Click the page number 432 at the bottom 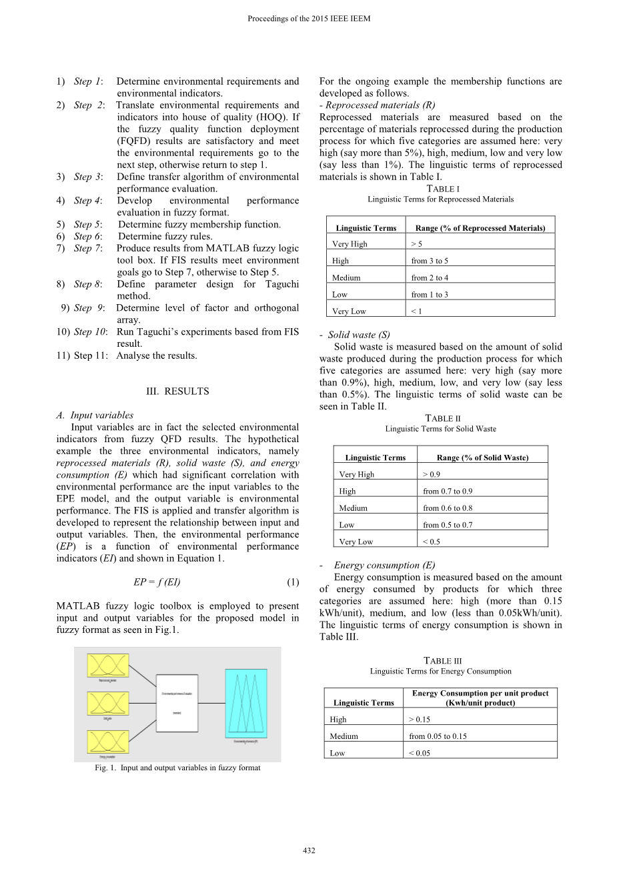[309, 850]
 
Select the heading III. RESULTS [177, 391]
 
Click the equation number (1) [293, 582]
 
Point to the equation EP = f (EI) [157, 582]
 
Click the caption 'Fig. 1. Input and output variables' [177, 768]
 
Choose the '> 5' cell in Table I [416, 244]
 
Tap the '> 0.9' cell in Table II [432, 475]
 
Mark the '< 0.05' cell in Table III [420, 753]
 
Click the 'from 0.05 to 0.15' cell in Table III [438, 736]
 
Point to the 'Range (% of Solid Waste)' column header [482, 458]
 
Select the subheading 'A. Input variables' [95, 415]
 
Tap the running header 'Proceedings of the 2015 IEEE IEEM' [309, 19]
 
